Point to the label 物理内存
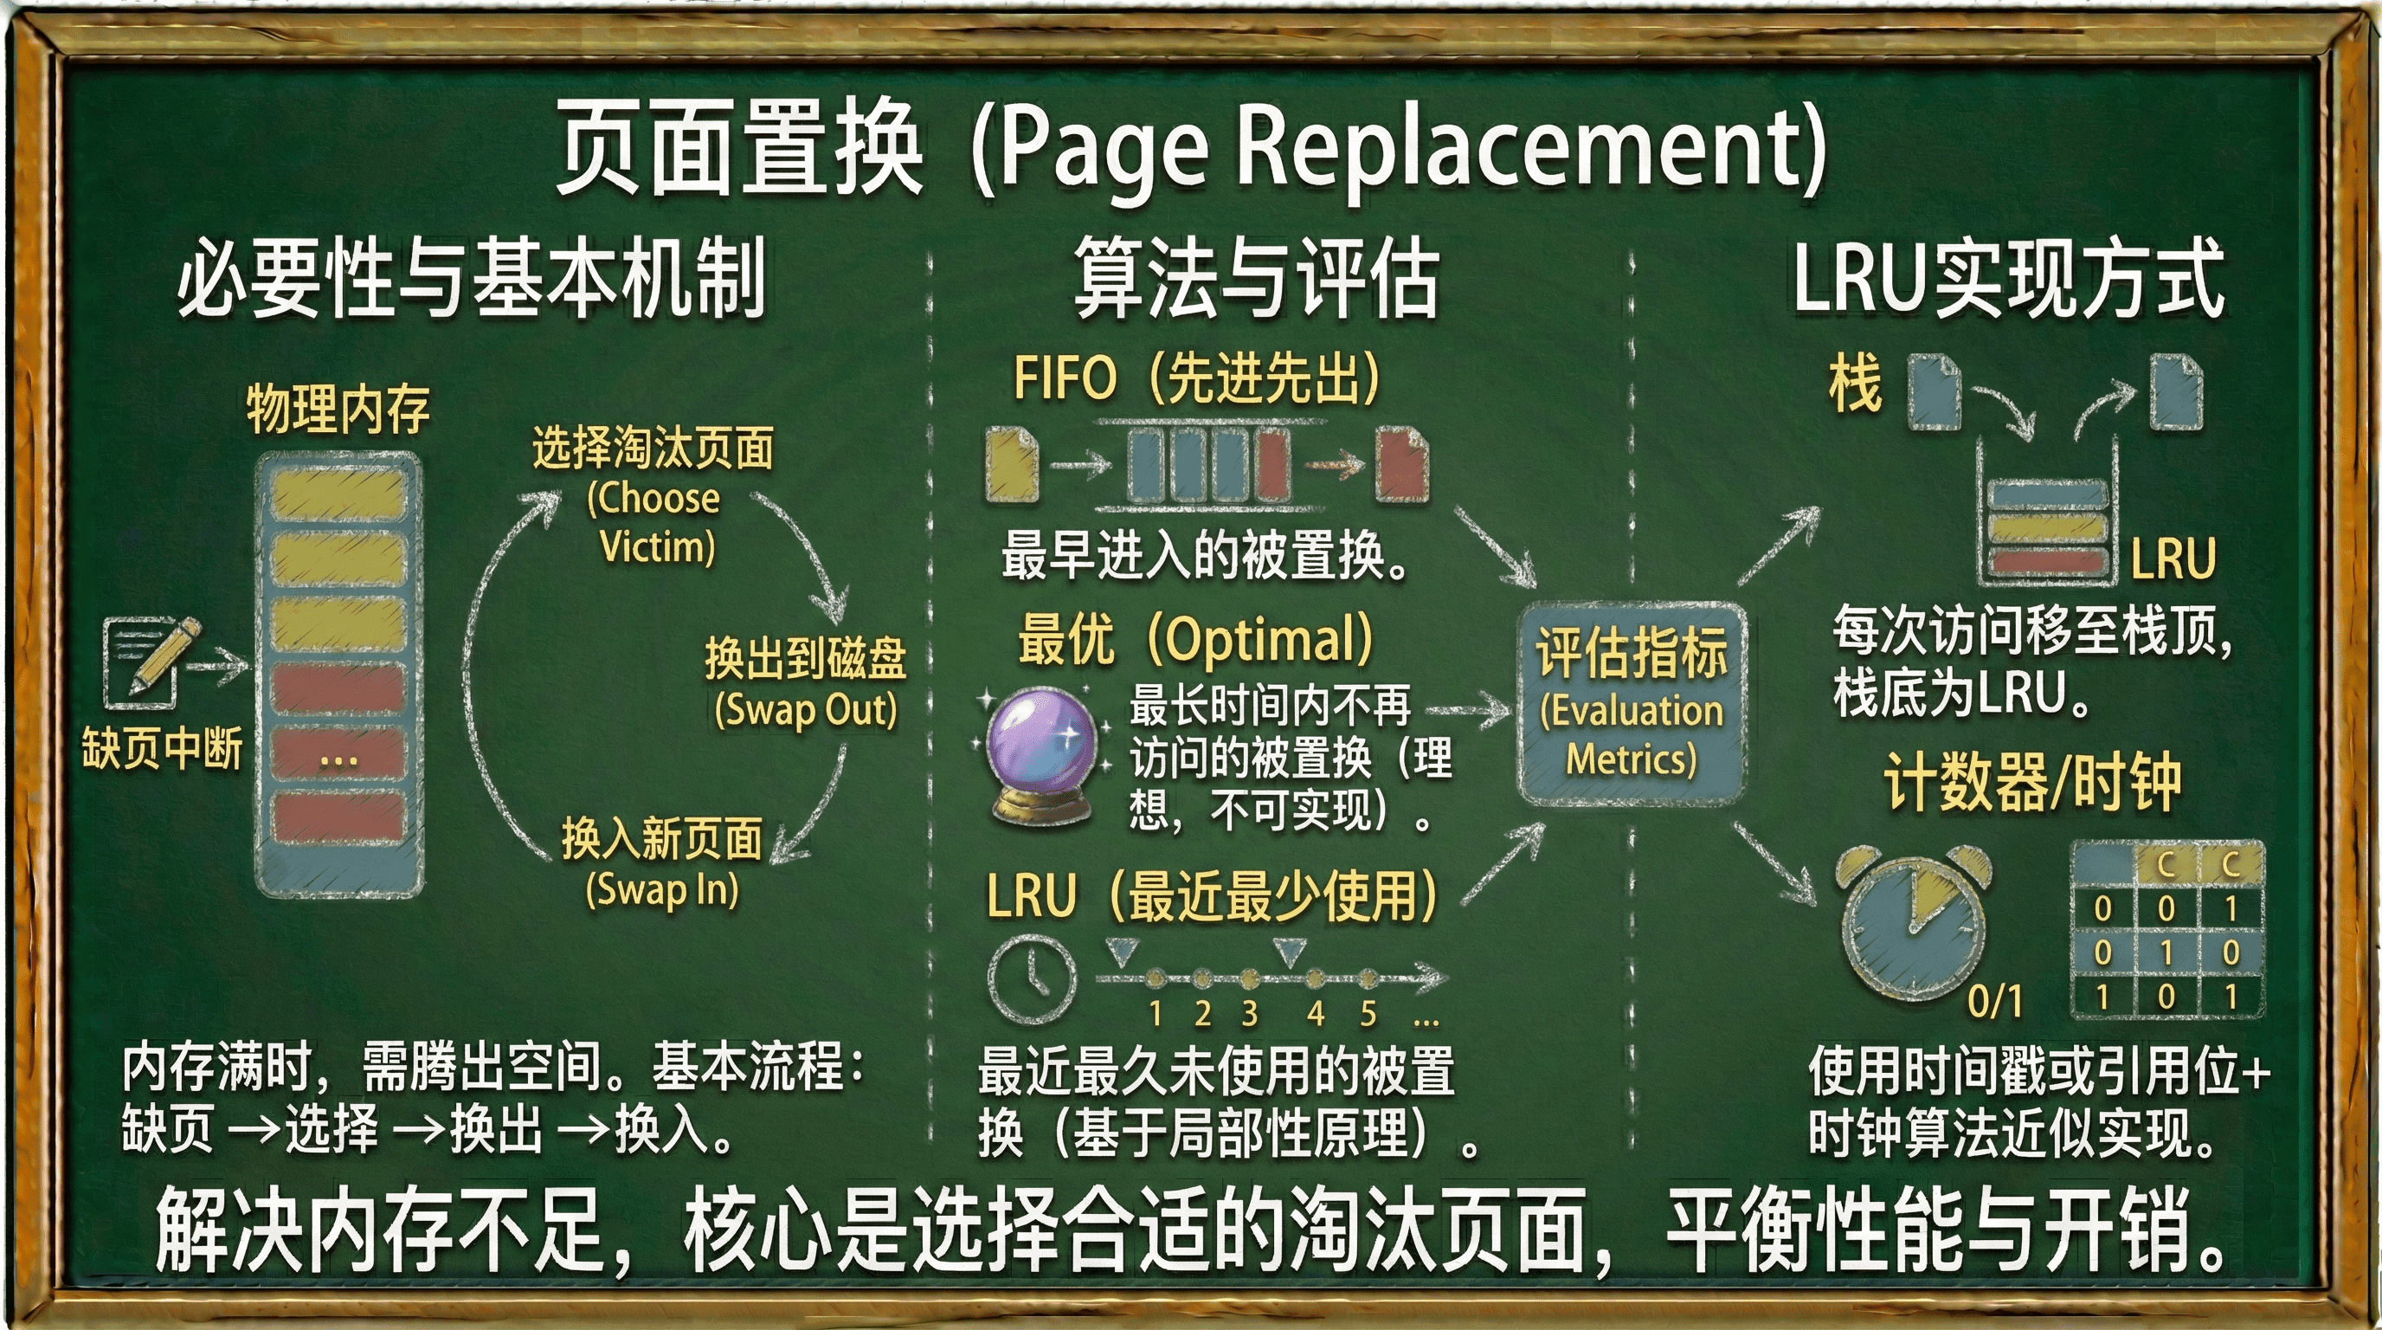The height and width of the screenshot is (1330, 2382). (x=338, y=409)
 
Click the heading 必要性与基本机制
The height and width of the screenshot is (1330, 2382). (x=472, y=276)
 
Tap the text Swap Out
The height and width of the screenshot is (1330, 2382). (x=806, y=710)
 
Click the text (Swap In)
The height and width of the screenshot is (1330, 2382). (x=662, y=890)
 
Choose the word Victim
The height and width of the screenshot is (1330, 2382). (x=658, y=546)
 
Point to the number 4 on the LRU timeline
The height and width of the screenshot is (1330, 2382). (x=1315, y=1014)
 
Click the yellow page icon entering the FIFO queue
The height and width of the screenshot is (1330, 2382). (x=1012, y=463)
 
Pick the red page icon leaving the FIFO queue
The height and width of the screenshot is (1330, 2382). (x=1402, y=463)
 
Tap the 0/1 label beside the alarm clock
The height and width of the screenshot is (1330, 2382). (x=1994, y=1000)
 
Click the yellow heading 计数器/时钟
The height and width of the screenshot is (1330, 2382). (x=2032, y=783)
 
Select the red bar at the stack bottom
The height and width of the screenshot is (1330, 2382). (x=2046, y=560)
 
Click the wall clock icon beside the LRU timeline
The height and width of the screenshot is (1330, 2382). (x=1031, y=978)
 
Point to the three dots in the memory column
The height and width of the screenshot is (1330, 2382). (x=338, y=760)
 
